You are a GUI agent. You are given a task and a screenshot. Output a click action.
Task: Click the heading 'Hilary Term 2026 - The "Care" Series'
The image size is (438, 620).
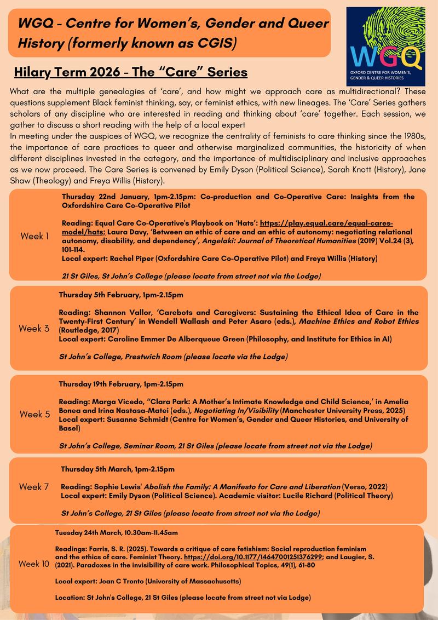(131, 72)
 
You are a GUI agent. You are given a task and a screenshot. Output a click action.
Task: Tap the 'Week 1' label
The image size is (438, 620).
(34, 236)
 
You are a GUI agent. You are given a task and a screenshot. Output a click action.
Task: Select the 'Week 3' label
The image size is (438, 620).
(34, 329)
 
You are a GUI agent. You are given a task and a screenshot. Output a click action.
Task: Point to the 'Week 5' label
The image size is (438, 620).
(34, 414)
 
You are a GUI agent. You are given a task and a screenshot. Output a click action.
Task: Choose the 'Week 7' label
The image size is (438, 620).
(34, 486)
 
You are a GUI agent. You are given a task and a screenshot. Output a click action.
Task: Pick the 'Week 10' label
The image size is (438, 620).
(34, 564)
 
